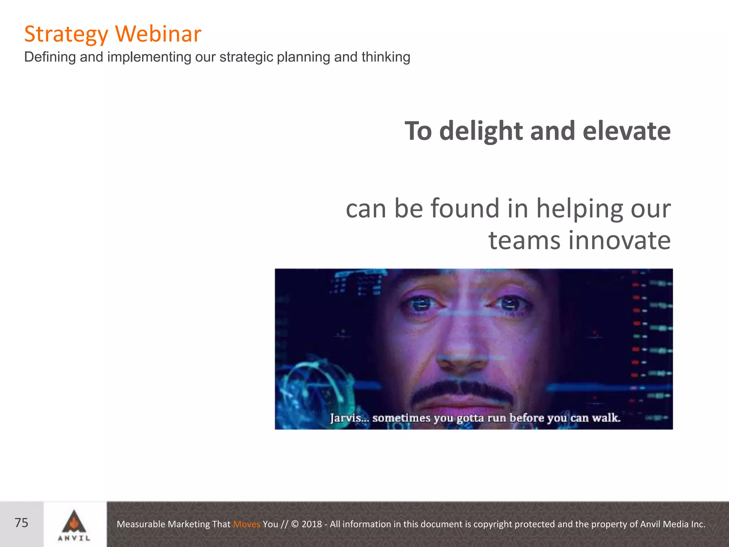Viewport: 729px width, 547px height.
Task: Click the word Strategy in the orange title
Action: click(66, 35)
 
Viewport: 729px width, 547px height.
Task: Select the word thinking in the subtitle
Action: click(386, 57)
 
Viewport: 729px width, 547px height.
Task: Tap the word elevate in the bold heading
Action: click(626, 131)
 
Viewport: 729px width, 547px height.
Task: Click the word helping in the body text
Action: click(579, 209)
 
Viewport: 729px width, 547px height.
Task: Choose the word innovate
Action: click(619, 240)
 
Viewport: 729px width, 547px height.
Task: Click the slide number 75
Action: click(21, 523)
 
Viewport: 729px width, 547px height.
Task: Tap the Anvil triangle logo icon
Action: click(74, 521)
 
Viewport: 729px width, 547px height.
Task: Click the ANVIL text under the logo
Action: click(74, 538)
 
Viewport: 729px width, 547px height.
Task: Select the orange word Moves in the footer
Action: click(246, 524)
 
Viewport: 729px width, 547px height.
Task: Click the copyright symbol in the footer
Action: click(295, 524)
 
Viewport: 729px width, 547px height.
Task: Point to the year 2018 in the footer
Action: click(311, 524)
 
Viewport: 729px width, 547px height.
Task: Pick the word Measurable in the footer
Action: click(141, 524)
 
